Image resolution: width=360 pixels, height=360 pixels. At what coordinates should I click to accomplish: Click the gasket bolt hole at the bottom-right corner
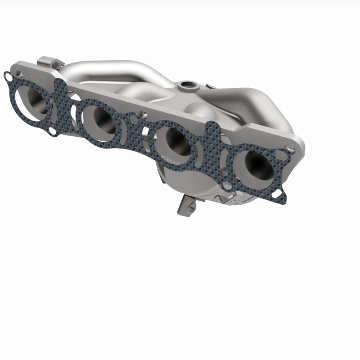(279, 193)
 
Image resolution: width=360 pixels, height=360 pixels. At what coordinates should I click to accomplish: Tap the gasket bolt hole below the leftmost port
(53, 131)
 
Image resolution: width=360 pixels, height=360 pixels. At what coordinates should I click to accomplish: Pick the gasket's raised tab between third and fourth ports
(211, 130)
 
